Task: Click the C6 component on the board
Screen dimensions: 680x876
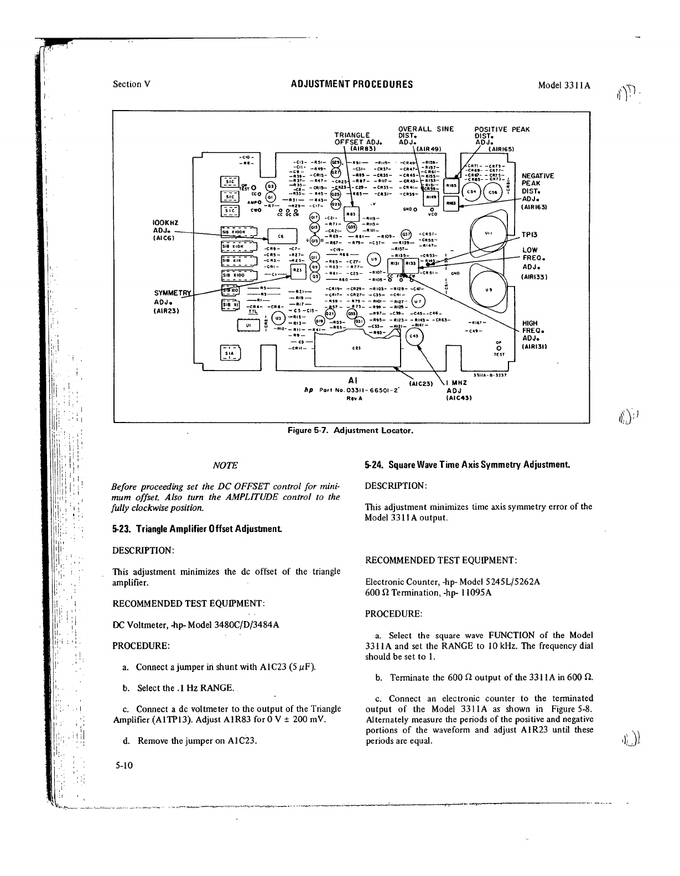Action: click(281, 235)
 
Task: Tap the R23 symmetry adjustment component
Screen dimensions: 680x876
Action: click(296, 269)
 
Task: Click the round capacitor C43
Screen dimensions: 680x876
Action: click(412, 337)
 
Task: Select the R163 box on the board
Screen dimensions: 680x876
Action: click(451, 204)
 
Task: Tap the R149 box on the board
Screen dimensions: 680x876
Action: click(429, 196)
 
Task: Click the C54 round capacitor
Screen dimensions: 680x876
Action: click(471, 192)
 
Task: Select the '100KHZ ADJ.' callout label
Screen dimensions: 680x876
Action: click(164, 230)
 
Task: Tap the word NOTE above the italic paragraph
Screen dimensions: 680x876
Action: click(225, 465)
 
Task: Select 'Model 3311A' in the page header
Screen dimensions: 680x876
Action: click(565, 85)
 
